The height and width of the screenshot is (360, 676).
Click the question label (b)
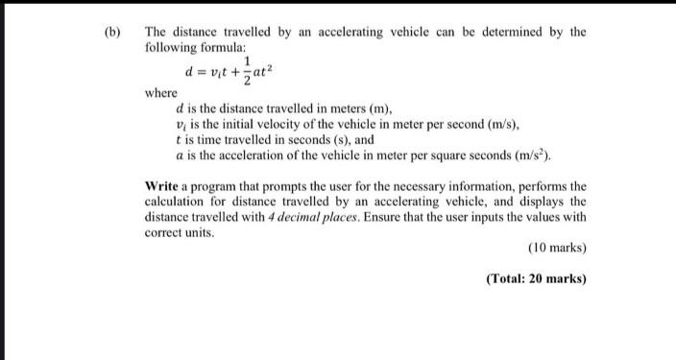[111, 32]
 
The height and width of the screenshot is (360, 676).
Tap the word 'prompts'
[272, 185]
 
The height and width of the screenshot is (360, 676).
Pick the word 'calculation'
[180, 201]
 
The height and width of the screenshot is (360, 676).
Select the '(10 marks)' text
[557, 249]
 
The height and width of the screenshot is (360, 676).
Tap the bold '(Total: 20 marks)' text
[536, 279]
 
